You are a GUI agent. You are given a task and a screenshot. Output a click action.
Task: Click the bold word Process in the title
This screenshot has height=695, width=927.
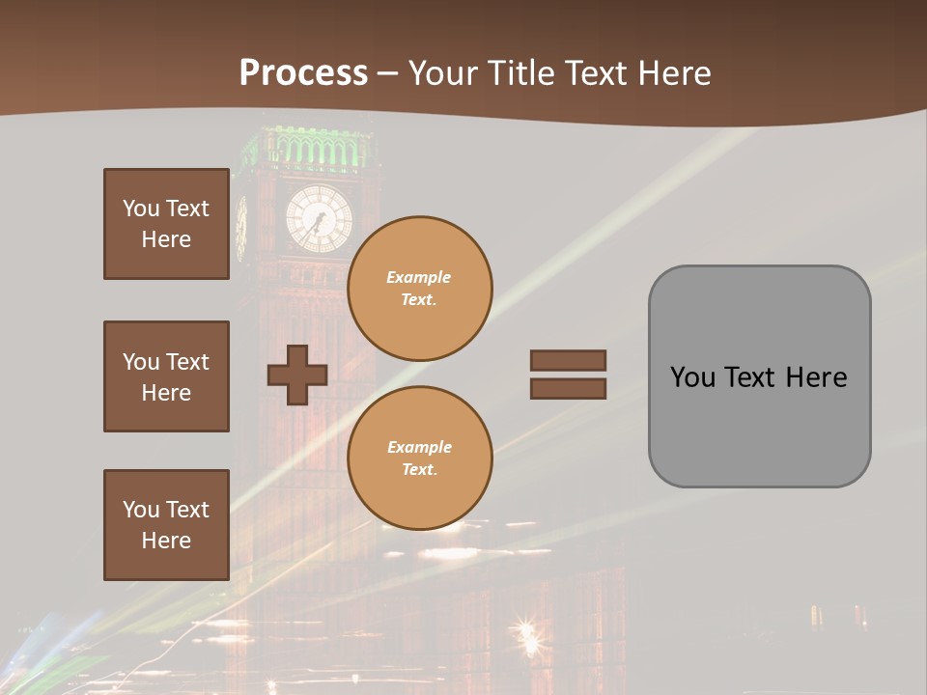pyautogui.click(x=303, y=72)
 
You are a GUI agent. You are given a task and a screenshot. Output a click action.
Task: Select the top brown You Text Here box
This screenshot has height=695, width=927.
pyautogui.click(x=166, y=224)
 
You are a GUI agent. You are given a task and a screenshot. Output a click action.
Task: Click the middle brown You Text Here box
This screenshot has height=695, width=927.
pyautogui.click(x=166, y=376)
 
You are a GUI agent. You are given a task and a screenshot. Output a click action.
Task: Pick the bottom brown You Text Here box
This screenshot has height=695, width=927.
pyautogui.click(x=166, y=524)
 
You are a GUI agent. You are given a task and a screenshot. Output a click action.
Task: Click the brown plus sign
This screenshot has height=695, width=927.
pyautogui.click(x=297, y=374)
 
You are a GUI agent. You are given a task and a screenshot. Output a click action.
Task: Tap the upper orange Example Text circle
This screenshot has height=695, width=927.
pyautogui.click(x=420, y=289)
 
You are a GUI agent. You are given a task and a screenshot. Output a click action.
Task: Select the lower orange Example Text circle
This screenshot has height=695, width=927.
pyautogui.click(x=420, y=459)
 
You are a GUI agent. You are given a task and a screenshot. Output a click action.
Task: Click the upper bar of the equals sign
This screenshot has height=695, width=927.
pyautogui.click(x=568, y=360)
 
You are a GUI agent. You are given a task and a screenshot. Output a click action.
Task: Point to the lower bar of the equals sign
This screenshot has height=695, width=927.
pyautogui.click(x=568, y=388)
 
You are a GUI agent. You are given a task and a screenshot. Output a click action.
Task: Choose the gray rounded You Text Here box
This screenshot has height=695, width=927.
pyautogui.click(x=759, y=376)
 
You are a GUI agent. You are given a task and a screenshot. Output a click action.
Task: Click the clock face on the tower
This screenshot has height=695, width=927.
pyautogui.click(x=319, y=219)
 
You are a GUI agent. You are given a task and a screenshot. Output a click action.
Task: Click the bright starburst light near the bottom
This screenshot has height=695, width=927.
pyautogui.click(x=527, y=635)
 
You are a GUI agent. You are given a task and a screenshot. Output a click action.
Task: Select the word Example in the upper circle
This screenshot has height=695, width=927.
pyautogui.click(x=419, y=277)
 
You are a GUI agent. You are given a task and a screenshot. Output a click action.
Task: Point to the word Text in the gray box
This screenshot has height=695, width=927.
pyautogui.click(x=752, y=376)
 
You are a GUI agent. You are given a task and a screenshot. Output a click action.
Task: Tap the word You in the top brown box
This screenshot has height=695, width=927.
pyautogui.click(x=140, y=208)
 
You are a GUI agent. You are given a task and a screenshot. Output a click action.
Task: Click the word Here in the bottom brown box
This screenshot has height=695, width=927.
pyautogui.click(x=166, y=541)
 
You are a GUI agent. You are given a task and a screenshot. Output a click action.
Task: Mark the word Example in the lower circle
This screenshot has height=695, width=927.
pyautogui.click(x=419, y=447)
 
